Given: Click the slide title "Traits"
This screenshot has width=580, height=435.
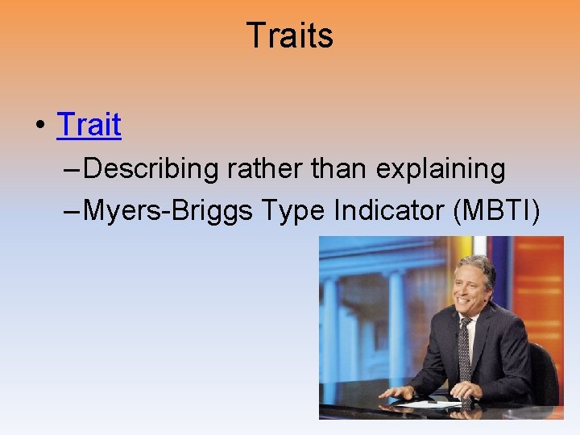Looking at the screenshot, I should coord(289,35).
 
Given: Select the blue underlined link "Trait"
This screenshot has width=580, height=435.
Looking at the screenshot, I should coord(89,125).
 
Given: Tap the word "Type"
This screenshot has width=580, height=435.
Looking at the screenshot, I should coord(281,210).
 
